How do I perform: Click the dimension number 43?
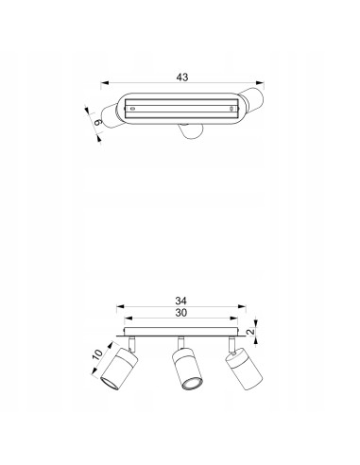[182, 77]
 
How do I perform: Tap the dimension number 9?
[98, 122]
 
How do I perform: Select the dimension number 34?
[181, 301]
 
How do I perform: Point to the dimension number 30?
[181, 313]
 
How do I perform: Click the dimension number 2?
[250, 332]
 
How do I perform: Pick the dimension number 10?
[97, 354]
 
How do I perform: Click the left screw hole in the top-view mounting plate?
[132, 109]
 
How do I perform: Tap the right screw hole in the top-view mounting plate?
[231, 109]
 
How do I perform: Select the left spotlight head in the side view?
[119, 369]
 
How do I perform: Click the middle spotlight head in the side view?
[187, 369]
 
